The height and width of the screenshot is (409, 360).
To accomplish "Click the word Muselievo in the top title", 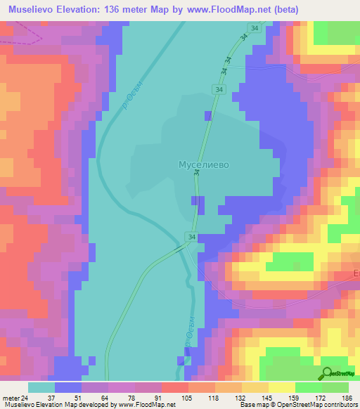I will (x=34, y=10).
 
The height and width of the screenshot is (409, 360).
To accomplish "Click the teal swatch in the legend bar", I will (x=41, y=387).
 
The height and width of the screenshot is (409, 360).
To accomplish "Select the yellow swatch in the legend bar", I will (x=282, y=387).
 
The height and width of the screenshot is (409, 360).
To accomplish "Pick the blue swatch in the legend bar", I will (x=68, y=387).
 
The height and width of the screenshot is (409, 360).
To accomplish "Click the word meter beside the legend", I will (x=10, y=397).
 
